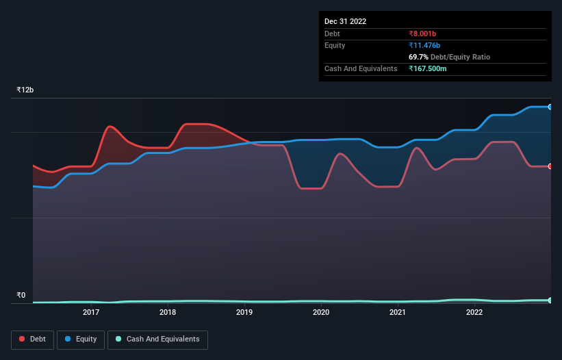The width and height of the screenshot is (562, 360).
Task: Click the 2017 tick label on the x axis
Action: pos(91,313)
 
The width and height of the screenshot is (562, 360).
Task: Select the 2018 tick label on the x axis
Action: pos(168,313)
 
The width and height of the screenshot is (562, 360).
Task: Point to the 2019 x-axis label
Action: pos(244,313)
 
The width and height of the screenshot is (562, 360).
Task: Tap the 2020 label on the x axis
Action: pos(321,313)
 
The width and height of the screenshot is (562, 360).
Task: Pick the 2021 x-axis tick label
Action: pos(398,313)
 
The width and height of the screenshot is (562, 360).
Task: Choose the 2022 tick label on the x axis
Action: pos(474,313)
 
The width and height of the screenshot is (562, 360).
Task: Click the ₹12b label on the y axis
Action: pos(25,90)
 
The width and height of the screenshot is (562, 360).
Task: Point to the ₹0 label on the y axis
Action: pos(21,296)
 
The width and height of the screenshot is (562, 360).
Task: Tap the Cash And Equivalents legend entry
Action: pos(157,339)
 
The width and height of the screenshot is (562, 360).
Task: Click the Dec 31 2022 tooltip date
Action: pos(345,21)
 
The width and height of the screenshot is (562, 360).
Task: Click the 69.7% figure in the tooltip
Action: pos(419,57)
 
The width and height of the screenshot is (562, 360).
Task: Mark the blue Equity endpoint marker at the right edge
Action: pos(550,107)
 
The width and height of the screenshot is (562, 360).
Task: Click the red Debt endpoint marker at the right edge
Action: pos(550,166)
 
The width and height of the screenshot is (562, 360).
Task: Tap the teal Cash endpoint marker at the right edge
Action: pos(550,300)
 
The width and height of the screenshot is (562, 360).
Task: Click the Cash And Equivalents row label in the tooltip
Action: pos(361,68)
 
